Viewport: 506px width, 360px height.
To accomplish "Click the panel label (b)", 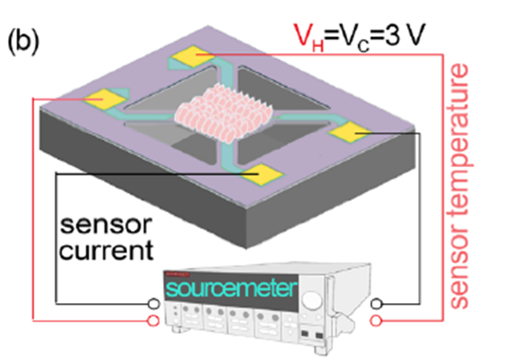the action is tap(23, 42).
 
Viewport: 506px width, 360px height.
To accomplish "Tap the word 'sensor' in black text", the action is tap(106, 225).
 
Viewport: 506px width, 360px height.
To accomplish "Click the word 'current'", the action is tap(106, 250).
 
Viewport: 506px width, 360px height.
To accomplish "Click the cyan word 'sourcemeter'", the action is tap(231, 289).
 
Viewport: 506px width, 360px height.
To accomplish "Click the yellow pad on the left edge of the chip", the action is tap(105, 98).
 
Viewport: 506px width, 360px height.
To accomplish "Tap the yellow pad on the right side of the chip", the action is tap(349, 132).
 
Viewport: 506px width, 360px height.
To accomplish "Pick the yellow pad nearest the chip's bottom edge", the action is tap(262, 174).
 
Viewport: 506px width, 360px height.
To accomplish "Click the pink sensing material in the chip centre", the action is tap(224, 112).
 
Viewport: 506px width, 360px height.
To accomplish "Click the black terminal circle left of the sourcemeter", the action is tap(153, 303).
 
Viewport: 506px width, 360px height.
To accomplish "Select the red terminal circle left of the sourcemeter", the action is tap(153, 320).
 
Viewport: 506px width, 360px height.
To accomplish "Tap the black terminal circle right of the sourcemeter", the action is tap(376, 303).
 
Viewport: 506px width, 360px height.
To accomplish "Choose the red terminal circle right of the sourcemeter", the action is tap(376, 320).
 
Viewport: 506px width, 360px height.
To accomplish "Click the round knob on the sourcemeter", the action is tap(311, 300).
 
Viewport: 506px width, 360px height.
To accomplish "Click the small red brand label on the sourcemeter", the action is tap(177, 274).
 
